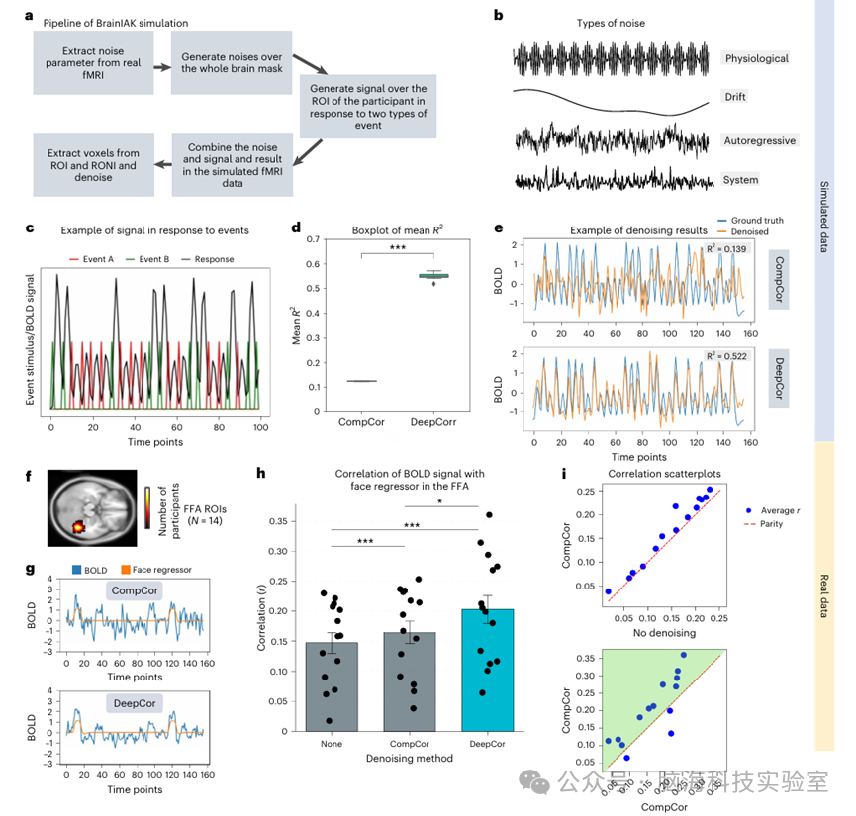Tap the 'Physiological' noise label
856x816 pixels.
[756, 58]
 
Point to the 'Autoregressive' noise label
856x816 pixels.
[760, 141]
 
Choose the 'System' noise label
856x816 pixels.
[740, 180]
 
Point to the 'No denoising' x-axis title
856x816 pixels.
[665, 633]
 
